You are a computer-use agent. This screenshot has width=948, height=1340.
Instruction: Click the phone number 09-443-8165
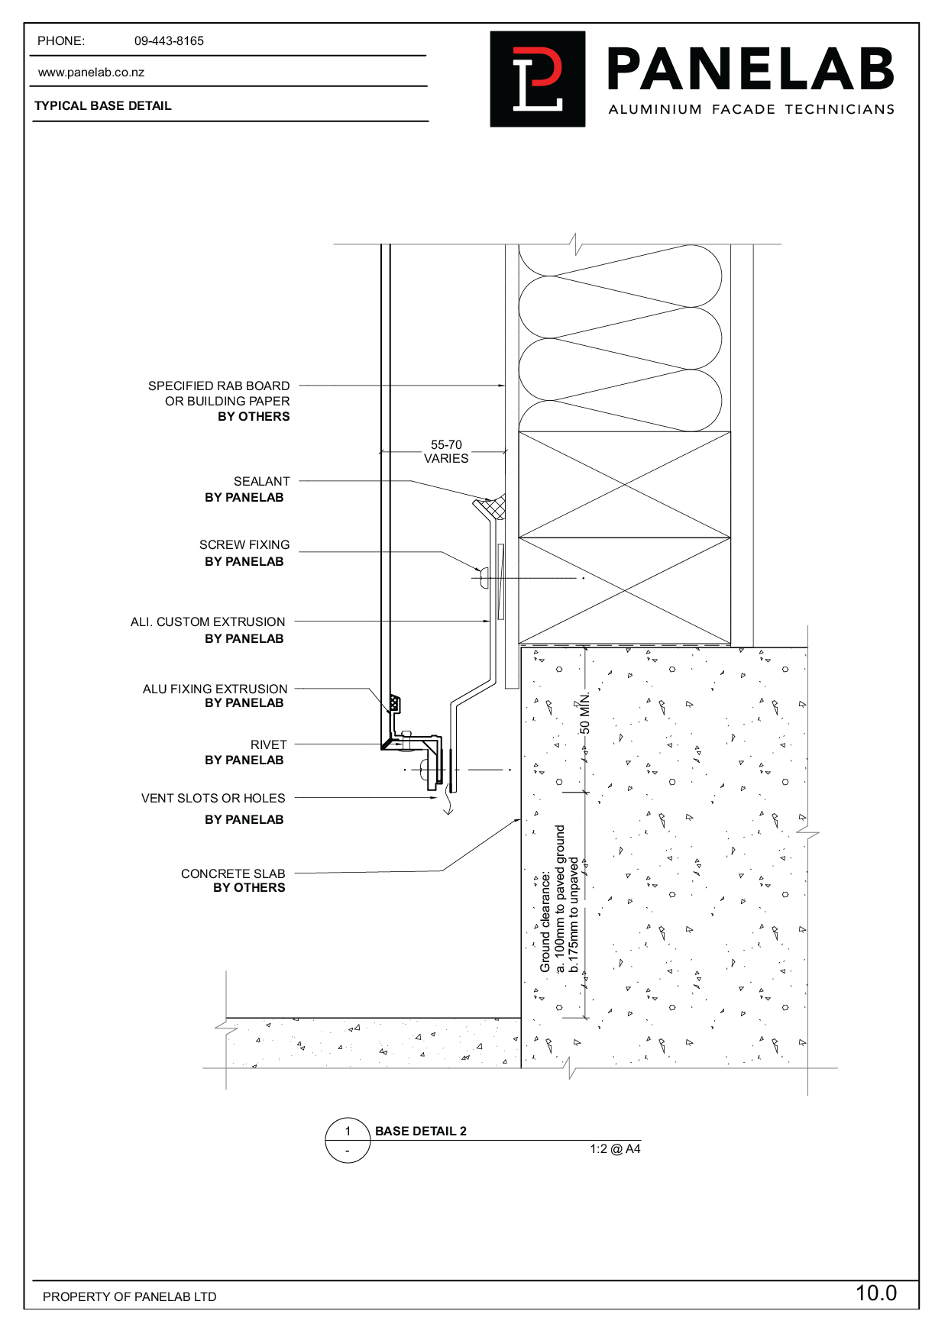point(169,41)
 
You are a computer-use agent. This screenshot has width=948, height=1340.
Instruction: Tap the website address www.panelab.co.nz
point(91,73)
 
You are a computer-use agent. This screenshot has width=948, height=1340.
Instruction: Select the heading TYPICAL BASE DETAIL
point(103,106)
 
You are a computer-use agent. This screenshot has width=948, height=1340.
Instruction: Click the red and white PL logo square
point(537,79)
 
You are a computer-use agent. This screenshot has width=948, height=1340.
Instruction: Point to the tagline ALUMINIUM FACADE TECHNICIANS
point(751,110)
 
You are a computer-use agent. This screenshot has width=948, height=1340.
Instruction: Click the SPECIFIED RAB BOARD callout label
point(219,386)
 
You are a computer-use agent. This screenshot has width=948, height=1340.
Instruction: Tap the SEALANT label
point(261,482)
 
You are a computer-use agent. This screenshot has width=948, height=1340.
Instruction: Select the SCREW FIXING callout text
point(244,545)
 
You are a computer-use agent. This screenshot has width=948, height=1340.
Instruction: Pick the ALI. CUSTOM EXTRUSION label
point(208,622)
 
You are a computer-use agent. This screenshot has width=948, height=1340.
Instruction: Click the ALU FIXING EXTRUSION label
point(215,689)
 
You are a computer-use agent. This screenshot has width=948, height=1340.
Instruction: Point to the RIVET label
point(268,744)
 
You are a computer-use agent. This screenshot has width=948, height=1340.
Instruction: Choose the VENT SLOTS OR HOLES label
point(213,799)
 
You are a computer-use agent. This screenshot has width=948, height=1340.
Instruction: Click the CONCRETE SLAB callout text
point(233,873)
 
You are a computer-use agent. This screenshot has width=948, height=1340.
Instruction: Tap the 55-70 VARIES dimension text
point(446,451)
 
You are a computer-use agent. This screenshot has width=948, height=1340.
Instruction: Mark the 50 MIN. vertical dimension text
point(585,714)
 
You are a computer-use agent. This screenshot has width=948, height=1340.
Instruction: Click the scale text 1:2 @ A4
point(615,1149)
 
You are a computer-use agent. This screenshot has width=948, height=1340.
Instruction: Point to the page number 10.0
point(875,1293)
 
